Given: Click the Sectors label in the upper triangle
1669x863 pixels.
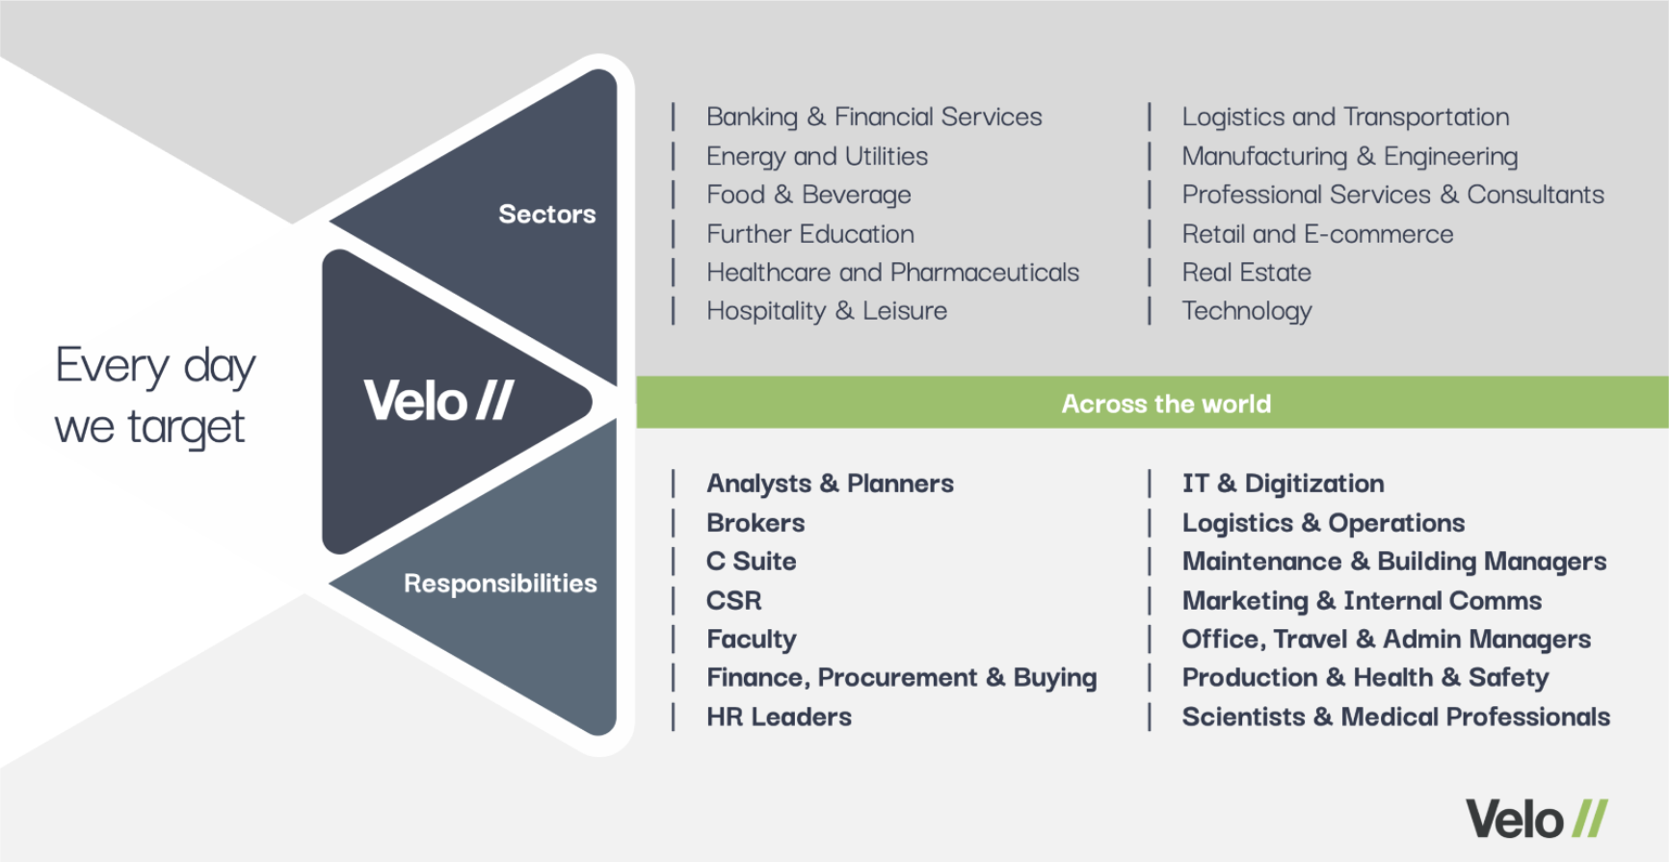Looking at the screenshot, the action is click(546, 214).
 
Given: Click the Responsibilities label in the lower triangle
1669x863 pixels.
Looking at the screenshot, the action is click(500, 584).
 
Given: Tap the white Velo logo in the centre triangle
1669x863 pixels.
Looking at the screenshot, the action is click(438, 400).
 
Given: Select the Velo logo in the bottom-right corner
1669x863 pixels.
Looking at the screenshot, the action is click(1537, 820).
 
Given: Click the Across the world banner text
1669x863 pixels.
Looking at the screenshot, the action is click(1166, 404).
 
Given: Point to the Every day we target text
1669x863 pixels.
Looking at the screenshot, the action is click(155, 396).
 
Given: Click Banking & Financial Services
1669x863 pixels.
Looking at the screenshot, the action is click(874, 117).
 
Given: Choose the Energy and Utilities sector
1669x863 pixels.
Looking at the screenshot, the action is click(817, 156).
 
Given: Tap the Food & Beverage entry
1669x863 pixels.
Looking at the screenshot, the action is click(808, 195).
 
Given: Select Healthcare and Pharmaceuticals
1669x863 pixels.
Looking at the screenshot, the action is click(892, 273).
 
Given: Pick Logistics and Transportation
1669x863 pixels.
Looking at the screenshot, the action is click(1345, 117).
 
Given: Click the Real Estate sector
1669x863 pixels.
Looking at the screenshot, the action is click(1246, 273).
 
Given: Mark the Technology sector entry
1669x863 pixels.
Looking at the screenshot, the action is click(1247, 311).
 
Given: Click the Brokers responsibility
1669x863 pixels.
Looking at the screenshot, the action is click(755, 523).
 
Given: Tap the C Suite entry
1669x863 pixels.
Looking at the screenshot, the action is click(752, 562).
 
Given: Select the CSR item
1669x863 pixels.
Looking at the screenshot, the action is click(734, 601).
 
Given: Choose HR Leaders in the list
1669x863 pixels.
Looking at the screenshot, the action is click(779, 717).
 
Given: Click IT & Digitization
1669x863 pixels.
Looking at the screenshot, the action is click(1283, 484).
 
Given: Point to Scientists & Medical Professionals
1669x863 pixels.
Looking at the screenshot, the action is click(1395, 717).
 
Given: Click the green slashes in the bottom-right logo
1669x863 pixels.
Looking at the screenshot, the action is click(1590, 819).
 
